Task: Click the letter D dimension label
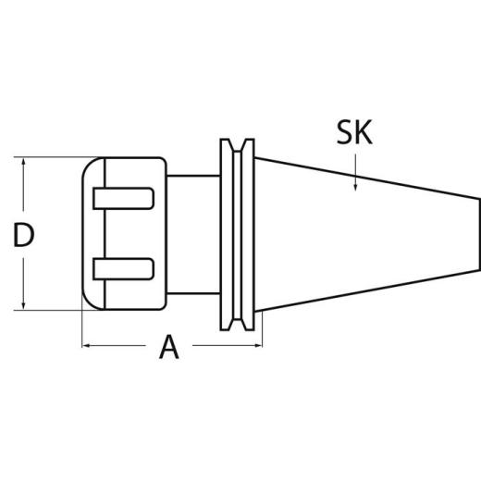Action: pyautogui.click(x=24, y=235)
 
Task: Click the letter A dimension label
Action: pyautogui.click(x=168, y=348)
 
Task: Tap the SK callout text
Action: pyautogui.click(x=354, y=133)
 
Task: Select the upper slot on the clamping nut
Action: pyautogui.click(x=123, y=198)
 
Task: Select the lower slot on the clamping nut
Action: pyautogui.click(x=123, y=269)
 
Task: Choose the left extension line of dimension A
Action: pyautogui.click(x=82, y=328)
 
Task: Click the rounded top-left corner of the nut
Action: pyautogui.click(x=88, y=166)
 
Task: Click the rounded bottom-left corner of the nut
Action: pyautogui.click(x=88, y=302)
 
